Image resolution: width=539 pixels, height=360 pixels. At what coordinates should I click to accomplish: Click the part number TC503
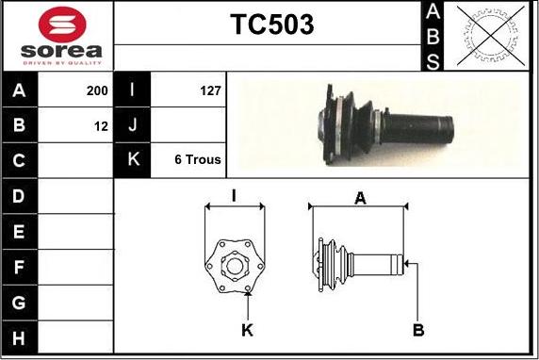tap(272, 25)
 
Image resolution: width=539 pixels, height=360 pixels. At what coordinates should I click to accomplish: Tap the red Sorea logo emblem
tap(62, 25)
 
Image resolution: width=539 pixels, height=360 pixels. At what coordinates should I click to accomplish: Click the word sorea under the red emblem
tap(61, 51)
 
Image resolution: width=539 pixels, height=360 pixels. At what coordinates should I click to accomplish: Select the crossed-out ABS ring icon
tap(491, 36)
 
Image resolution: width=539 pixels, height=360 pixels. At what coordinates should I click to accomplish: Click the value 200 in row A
tap(97, 90)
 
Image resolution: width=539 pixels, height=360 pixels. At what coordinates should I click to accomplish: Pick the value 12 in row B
tap(101, 126)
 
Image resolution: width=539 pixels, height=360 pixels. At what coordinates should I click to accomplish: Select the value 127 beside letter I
tap(210, 90)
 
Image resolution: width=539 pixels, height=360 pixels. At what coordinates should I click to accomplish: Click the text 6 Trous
tap(198, 159)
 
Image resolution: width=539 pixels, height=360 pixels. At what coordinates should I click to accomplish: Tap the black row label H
tap(19, 337)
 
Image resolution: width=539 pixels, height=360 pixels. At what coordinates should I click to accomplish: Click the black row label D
tap(19, 196)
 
